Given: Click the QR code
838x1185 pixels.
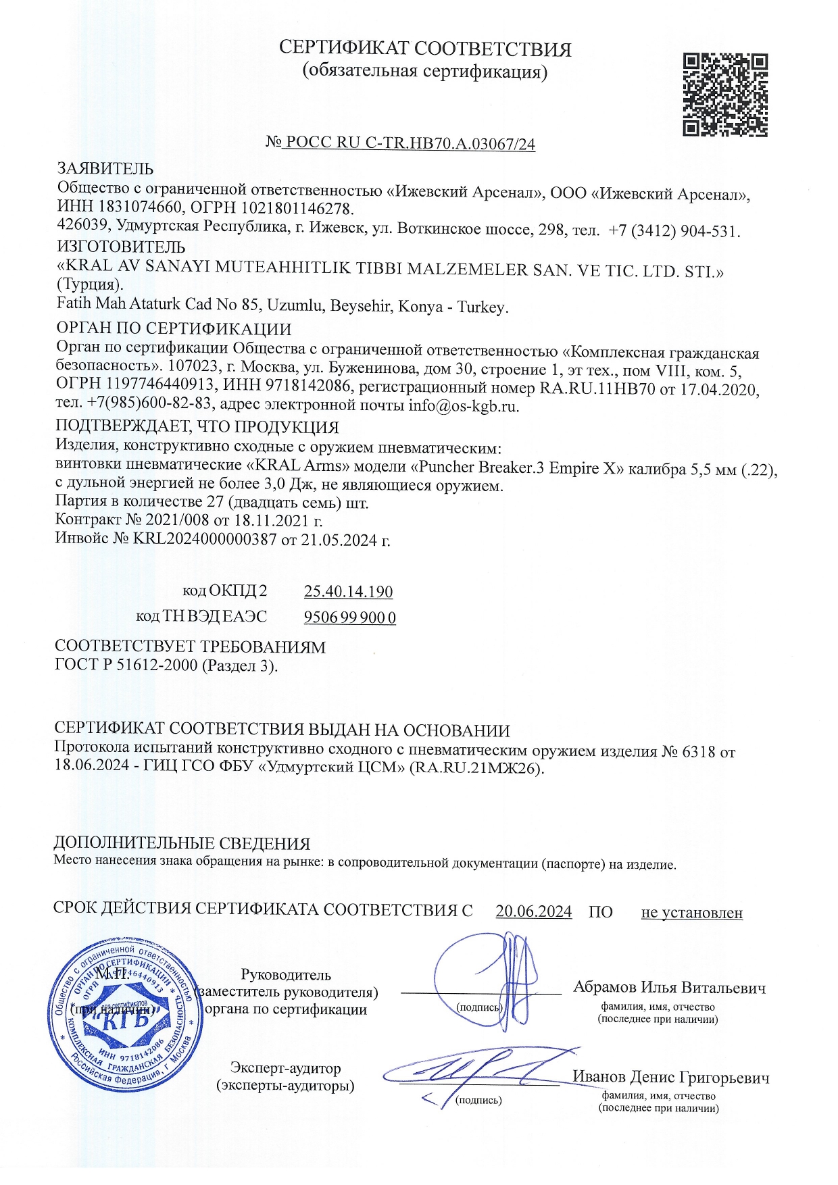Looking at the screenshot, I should point(725,95).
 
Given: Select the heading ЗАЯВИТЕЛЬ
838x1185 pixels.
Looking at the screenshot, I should point(105,168).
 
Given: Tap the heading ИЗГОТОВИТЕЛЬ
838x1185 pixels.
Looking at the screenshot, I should point(121,247).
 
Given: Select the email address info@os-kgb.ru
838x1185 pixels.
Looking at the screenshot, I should point(464,406).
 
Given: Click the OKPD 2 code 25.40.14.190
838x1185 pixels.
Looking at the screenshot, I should point(348,592).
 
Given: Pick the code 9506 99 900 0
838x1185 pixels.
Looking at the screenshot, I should point(350,617).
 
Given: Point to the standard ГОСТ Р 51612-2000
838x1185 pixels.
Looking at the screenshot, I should point(126,665).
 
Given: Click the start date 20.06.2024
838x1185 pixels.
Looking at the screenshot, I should point(534,911).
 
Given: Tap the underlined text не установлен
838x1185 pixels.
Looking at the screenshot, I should point(691,913).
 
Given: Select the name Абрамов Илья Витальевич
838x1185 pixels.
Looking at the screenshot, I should point(669,988).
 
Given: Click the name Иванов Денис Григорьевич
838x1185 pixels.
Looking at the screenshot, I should point(670,1078).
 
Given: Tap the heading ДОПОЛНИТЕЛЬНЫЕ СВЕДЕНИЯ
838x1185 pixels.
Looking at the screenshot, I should point(182,843).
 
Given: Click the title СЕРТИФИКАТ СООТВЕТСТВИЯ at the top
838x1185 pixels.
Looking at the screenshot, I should point(425,49).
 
